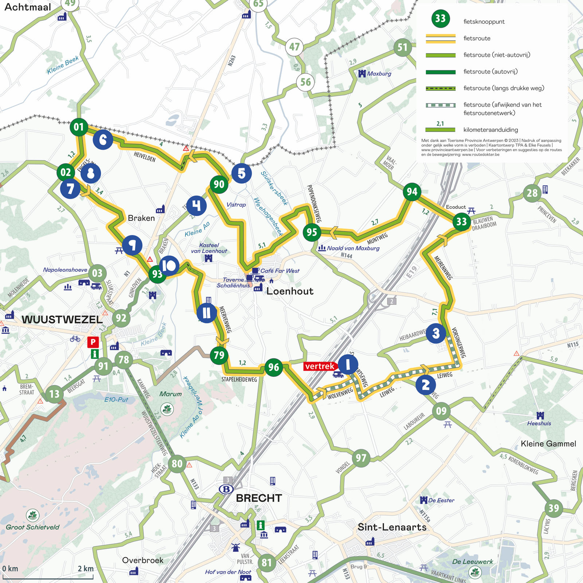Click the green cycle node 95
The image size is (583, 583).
click(x=312, y=232)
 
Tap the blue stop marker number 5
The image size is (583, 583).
click(x=241, y=173)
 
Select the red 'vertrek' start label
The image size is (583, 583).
click(x=320, y=366)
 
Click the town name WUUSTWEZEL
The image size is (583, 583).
click(x=62, y=320)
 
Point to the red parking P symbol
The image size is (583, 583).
click(x=93, y=342)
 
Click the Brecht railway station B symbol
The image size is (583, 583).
click(x=226, y=489)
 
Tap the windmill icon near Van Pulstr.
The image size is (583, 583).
click(x=235, y=547)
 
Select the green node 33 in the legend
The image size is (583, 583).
click(x=441, y=19)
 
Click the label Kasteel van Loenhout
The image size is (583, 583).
click(x=209, y=248)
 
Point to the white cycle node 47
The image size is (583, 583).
click(x=294, y=47)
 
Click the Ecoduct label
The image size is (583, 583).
click(x=456, y=207)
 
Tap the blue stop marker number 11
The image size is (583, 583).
click(x=207, y=313)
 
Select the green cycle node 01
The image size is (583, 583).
click(x=79, y=127)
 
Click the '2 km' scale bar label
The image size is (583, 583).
click(x=86, y=569)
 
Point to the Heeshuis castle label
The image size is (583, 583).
click(x=539, y=423)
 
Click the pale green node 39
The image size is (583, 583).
click(x=553, y=508)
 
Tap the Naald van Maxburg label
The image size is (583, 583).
click(x=353, y=248)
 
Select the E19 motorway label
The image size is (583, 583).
click(x=412, y=272)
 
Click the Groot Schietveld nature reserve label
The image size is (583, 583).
click(x=32, y=527)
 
